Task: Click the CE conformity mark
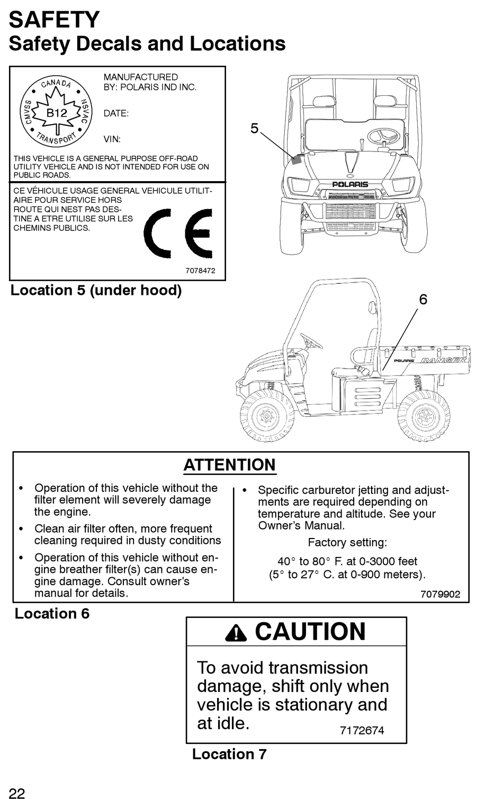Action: [x=178, y=233]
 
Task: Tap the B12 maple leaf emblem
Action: [x=56, y=112]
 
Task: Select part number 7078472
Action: [x=200, y=271]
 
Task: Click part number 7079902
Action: [x=440, y=594]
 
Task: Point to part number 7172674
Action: [x=362, y=730]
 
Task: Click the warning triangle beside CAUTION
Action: [x=236, y=632]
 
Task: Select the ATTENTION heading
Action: [x=229, y=465]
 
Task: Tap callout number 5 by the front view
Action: [x=255, y=129]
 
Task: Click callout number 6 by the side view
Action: [x=423, y=300]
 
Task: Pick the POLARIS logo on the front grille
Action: [x=350, y=184]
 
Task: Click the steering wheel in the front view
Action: [x=383, y=137]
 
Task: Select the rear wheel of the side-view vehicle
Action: [x=423, y=416]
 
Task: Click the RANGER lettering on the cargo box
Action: [x=443, y=361]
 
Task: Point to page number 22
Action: [x=17, y=793]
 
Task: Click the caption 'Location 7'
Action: [x=229, y=754]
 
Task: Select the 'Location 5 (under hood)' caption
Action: [x=96, y=290]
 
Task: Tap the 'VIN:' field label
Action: [x=112, y=139]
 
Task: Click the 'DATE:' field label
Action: [x=116, y=113]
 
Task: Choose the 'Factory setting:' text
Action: [x=347, y=543]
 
